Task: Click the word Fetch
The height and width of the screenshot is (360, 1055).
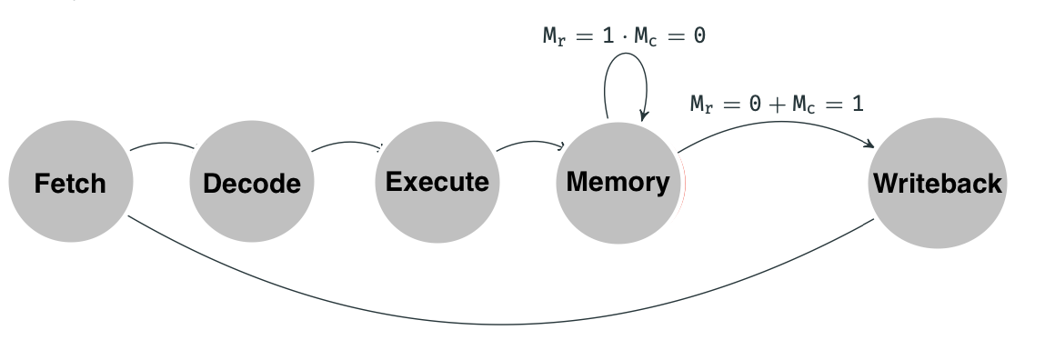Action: [70, 184]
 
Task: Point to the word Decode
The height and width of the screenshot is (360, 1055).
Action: [252, 184]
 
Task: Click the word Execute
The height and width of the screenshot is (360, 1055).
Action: [437, 182]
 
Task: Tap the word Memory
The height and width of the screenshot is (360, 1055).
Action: [618, 182]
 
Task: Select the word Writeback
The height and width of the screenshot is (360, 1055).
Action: [938, 184]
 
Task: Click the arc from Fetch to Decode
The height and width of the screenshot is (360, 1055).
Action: [162, 143]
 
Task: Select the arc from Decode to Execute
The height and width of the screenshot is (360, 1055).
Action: [346, 143]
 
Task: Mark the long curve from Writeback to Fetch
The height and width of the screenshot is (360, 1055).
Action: [500, 324]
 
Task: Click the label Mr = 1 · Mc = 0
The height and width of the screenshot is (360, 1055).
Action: [624, 37]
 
